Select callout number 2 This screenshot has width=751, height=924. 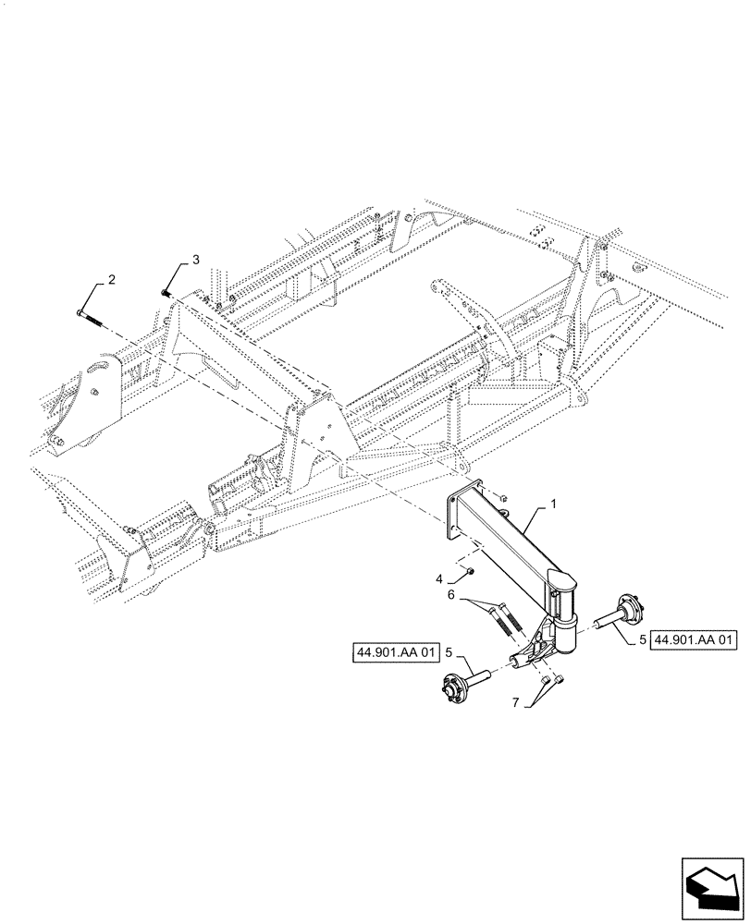coord(111,279)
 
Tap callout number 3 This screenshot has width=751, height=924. coord(195,261)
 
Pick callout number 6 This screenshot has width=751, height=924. coord(450,597)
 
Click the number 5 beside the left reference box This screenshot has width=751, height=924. coord(449,652)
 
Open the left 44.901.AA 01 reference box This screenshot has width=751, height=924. coord(394,653)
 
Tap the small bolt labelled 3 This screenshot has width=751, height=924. coord(164,292)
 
